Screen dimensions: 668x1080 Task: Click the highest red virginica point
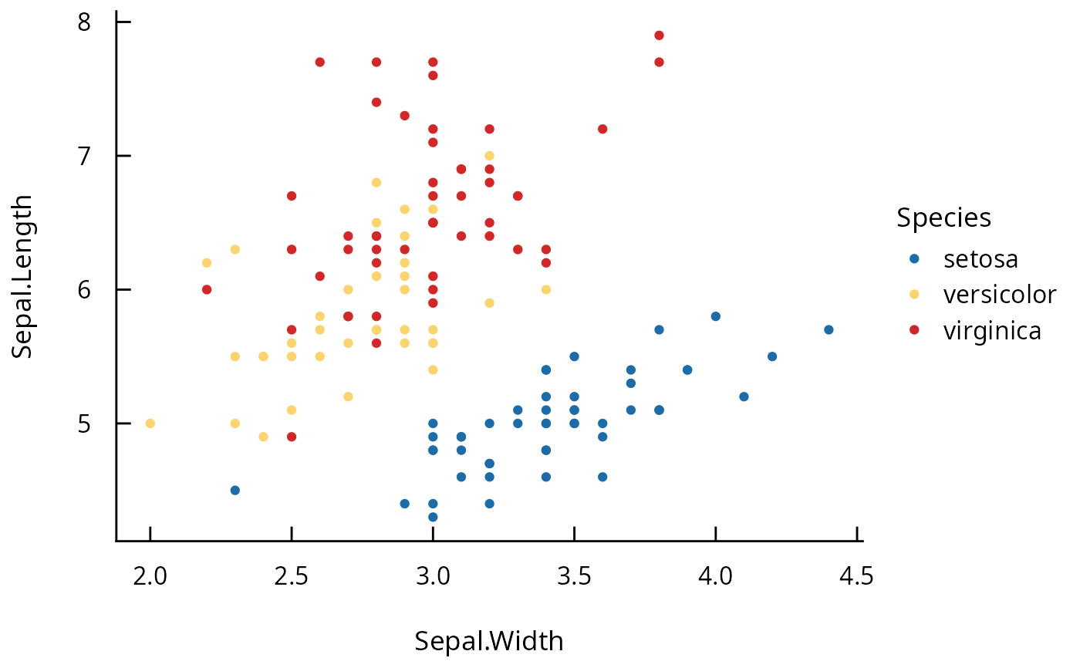(659, 35)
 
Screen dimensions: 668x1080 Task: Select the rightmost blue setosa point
(829, 329)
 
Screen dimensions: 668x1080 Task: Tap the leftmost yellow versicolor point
(150, 423)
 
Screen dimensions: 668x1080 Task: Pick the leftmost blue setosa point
(235, 491)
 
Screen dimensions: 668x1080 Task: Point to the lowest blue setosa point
(433, 517)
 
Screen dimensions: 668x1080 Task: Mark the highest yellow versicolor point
(489, 156)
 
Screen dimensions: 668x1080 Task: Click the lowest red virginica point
(292, 437)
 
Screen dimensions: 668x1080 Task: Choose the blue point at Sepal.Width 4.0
(715, 316)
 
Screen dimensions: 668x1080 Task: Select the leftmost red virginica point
(207, 289)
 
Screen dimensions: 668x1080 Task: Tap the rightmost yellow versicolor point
(545, 289)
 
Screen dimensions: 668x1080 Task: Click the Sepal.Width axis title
(489, 641)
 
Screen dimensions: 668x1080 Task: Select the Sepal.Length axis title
(23, 277)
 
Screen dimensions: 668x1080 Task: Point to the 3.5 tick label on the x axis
(574, 576)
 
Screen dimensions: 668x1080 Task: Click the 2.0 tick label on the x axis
(150, 576)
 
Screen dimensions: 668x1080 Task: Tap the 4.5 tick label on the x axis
(856, 576)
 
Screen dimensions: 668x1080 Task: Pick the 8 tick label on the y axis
(84, 22)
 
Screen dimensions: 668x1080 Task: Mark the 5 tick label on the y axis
(84, 423)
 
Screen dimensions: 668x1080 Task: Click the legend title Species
(943, 218)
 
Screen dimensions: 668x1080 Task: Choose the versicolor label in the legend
(999, 294)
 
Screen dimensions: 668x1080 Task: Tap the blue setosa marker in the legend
(914, 258)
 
